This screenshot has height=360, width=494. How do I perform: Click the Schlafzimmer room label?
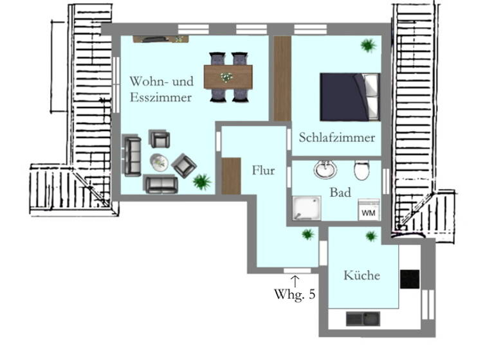pyautogui.click(x=336, y=138)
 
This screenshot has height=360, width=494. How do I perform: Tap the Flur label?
pyautogui.click(x=264, y=171)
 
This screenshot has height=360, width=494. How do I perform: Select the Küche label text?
pyautogui.click(x=361, y=276)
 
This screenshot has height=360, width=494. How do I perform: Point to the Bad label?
pyautogui.click(x=340, y=192)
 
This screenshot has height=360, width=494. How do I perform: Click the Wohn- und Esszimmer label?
pyautogui.click(x=161, y=90)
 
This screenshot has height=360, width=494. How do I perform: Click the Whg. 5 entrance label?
pyautogui.click(x=295, y=295)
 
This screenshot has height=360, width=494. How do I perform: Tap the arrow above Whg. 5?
pyautogui.click(x=295, y=280)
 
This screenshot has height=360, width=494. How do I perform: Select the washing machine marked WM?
pyautogui.click(x=369, y=210)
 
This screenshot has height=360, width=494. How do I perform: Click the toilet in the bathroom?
pyautogui.click(x=361, y=170)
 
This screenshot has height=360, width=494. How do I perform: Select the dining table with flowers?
pyautogui.click(x=228, y=76)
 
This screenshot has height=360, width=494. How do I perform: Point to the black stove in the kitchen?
pyautogui.click(x=409, y=279)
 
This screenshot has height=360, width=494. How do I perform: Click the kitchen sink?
pyautogui.click(x=363, y=318)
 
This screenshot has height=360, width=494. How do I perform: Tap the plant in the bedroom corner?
pyautogui.click(x=369, y=45)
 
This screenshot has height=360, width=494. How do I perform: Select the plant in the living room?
pyautogui.click(x=202, y=181)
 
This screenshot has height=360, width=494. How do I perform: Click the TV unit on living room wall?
pyautogui.click(x=160, y=39)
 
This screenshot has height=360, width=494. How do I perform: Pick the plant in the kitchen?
pyautogui.click(x=370, y=236)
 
